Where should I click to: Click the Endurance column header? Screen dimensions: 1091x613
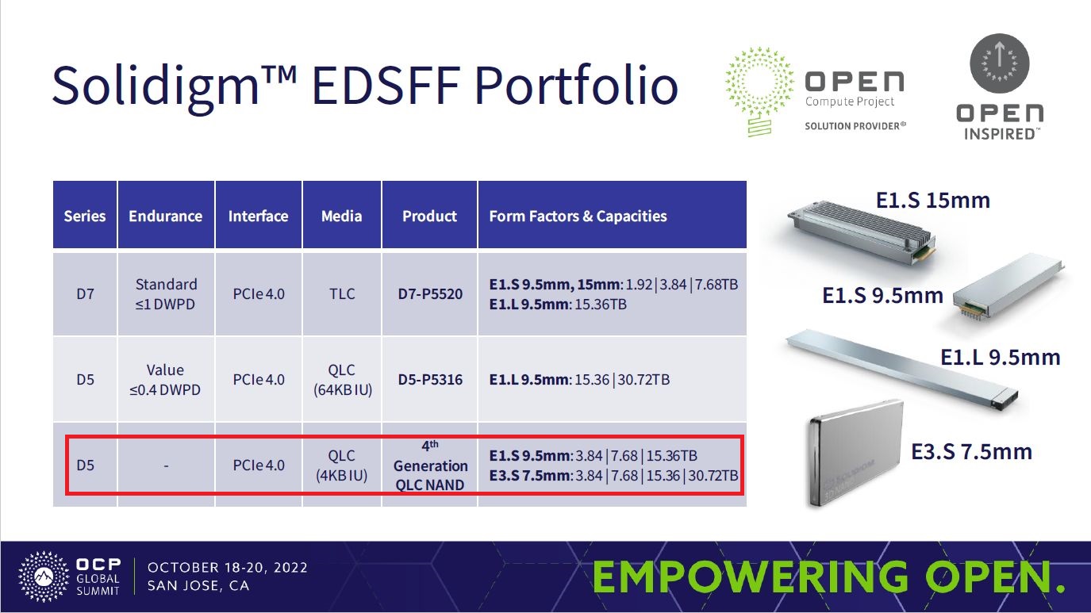(x=166, y=216)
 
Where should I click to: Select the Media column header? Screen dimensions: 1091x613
(x=341, y=216)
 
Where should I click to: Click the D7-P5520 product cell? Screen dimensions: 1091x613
(x=430, y=294)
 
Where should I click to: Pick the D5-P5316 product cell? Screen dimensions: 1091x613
(x=430, y=379)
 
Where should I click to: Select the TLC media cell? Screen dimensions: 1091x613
(x=341, y=294)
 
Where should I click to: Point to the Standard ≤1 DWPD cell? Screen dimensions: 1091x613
(x=166, y=294)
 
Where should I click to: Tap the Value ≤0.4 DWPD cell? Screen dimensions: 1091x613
(x=165, y=380)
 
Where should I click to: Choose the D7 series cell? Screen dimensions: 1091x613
(x=85, y=294)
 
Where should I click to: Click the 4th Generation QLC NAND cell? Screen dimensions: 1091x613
(x=430, y=465)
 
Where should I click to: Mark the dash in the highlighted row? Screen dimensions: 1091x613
(x=166, y=466)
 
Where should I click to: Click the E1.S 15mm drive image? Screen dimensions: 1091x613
(x=861, y=232)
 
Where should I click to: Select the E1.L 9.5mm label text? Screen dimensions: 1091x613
(x=1000, y=358)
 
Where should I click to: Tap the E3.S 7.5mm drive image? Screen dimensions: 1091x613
(x=855, y=454)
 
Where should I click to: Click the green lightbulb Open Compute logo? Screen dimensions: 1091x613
(x=759, y=91)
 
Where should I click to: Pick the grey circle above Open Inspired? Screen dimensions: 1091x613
(x=1000, y=63)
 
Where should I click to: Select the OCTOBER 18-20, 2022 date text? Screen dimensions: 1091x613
(x=228, y=568)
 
